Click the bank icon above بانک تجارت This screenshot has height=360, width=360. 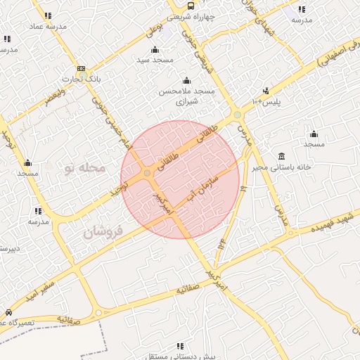click(81, 69)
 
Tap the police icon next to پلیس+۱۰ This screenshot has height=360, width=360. click(266, 91)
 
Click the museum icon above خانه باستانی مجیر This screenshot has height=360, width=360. click(282, 155)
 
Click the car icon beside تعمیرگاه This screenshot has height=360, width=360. click(8, 311)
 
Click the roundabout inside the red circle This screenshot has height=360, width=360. click(147, 173)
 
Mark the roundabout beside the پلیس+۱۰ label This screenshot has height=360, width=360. click(237, 115)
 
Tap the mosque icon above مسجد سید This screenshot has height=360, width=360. click(155, 49)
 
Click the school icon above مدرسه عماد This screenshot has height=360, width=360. click(47, 15)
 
